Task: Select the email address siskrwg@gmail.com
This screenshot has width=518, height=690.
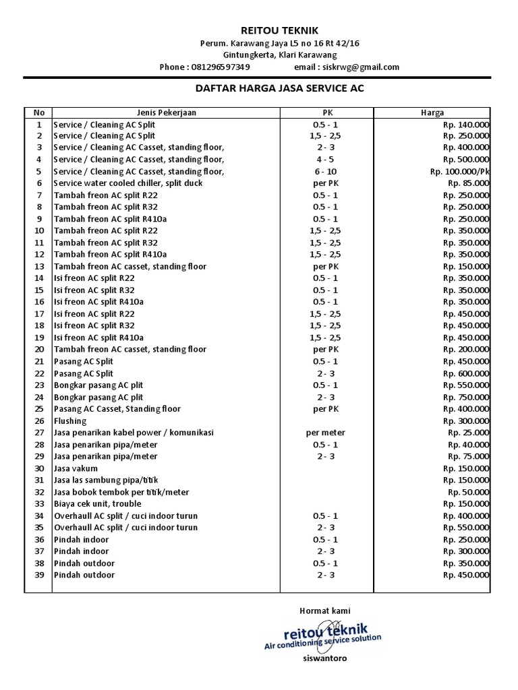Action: pos(361,67)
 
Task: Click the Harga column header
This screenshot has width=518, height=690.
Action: pos(432,113)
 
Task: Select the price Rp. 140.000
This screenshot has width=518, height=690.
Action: pos(466,125)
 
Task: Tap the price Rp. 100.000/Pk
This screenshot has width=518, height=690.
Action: pos(460,172)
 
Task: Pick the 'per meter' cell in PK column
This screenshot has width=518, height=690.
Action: pos(326,433)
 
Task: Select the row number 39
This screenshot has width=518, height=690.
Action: pos(39,575)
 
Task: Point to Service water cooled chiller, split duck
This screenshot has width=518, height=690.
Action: pos(128,183)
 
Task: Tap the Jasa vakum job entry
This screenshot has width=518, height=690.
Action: pos(76,468)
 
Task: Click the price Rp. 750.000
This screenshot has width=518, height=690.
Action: pos(466,397)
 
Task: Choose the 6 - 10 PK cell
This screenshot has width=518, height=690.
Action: pos(326,172)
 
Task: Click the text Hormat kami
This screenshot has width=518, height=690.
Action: pos(325,610)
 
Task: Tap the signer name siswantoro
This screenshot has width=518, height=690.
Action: pos(325,658)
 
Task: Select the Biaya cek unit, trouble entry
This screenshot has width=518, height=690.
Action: pos(98,503)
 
